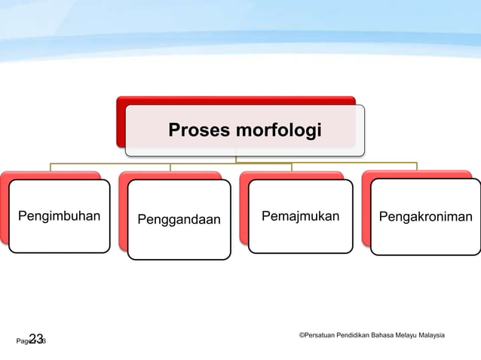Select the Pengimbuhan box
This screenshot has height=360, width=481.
click(x=60, y=217)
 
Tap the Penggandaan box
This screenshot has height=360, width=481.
click(x=179, y=220)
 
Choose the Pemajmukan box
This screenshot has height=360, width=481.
click(x=300, y=217)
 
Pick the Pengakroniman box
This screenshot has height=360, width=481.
click(x=425, y=218)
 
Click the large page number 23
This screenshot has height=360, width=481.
click(x=36, y=339)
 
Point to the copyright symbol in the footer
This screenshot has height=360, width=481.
click(x=302, y=334)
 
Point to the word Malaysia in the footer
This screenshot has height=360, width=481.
click(x=433, y=334)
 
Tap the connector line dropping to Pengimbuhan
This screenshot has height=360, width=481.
click(x=51, y=166)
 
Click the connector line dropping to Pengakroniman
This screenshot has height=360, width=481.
click(x=416, y=166)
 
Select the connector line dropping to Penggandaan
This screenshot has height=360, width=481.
click(x=171, y=166)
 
